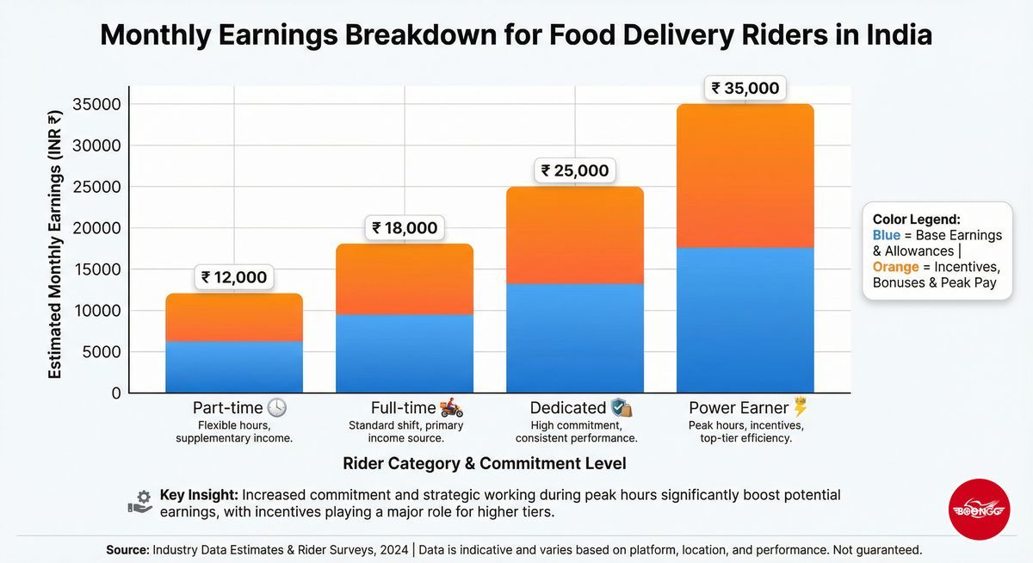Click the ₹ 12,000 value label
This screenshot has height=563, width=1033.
tap(234, 277)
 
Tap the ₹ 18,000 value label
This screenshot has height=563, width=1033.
tap(405, 228)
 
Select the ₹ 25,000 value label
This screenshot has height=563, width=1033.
tap(575, 170)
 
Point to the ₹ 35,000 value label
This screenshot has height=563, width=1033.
tap(745, 88)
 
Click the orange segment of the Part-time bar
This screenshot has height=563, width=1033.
tap(234, 318)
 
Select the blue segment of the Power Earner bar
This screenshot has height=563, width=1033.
tap(745, 320)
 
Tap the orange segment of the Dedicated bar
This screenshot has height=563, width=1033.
tap(575, 235)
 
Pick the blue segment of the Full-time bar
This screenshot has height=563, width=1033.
tap(405, 354)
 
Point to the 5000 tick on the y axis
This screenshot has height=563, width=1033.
tap(104, 352)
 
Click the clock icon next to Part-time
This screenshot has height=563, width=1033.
tap(276, 408)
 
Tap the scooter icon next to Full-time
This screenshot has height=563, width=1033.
tap(451, 408)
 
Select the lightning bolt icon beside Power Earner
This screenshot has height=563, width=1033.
tap(800, 407)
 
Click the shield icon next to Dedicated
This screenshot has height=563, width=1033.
tap(621, 408)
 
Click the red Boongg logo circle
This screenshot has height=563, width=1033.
tap(979, 510)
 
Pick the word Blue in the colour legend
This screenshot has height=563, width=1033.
tap(887, 235)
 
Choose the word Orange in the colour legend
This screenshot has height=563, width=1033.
tap(895, 267)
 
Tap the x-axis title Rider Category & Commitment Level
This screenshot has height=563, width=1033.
tap(485, 463)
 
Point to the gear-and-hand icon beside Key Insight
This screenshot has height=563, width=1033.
tap(140, 501)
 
